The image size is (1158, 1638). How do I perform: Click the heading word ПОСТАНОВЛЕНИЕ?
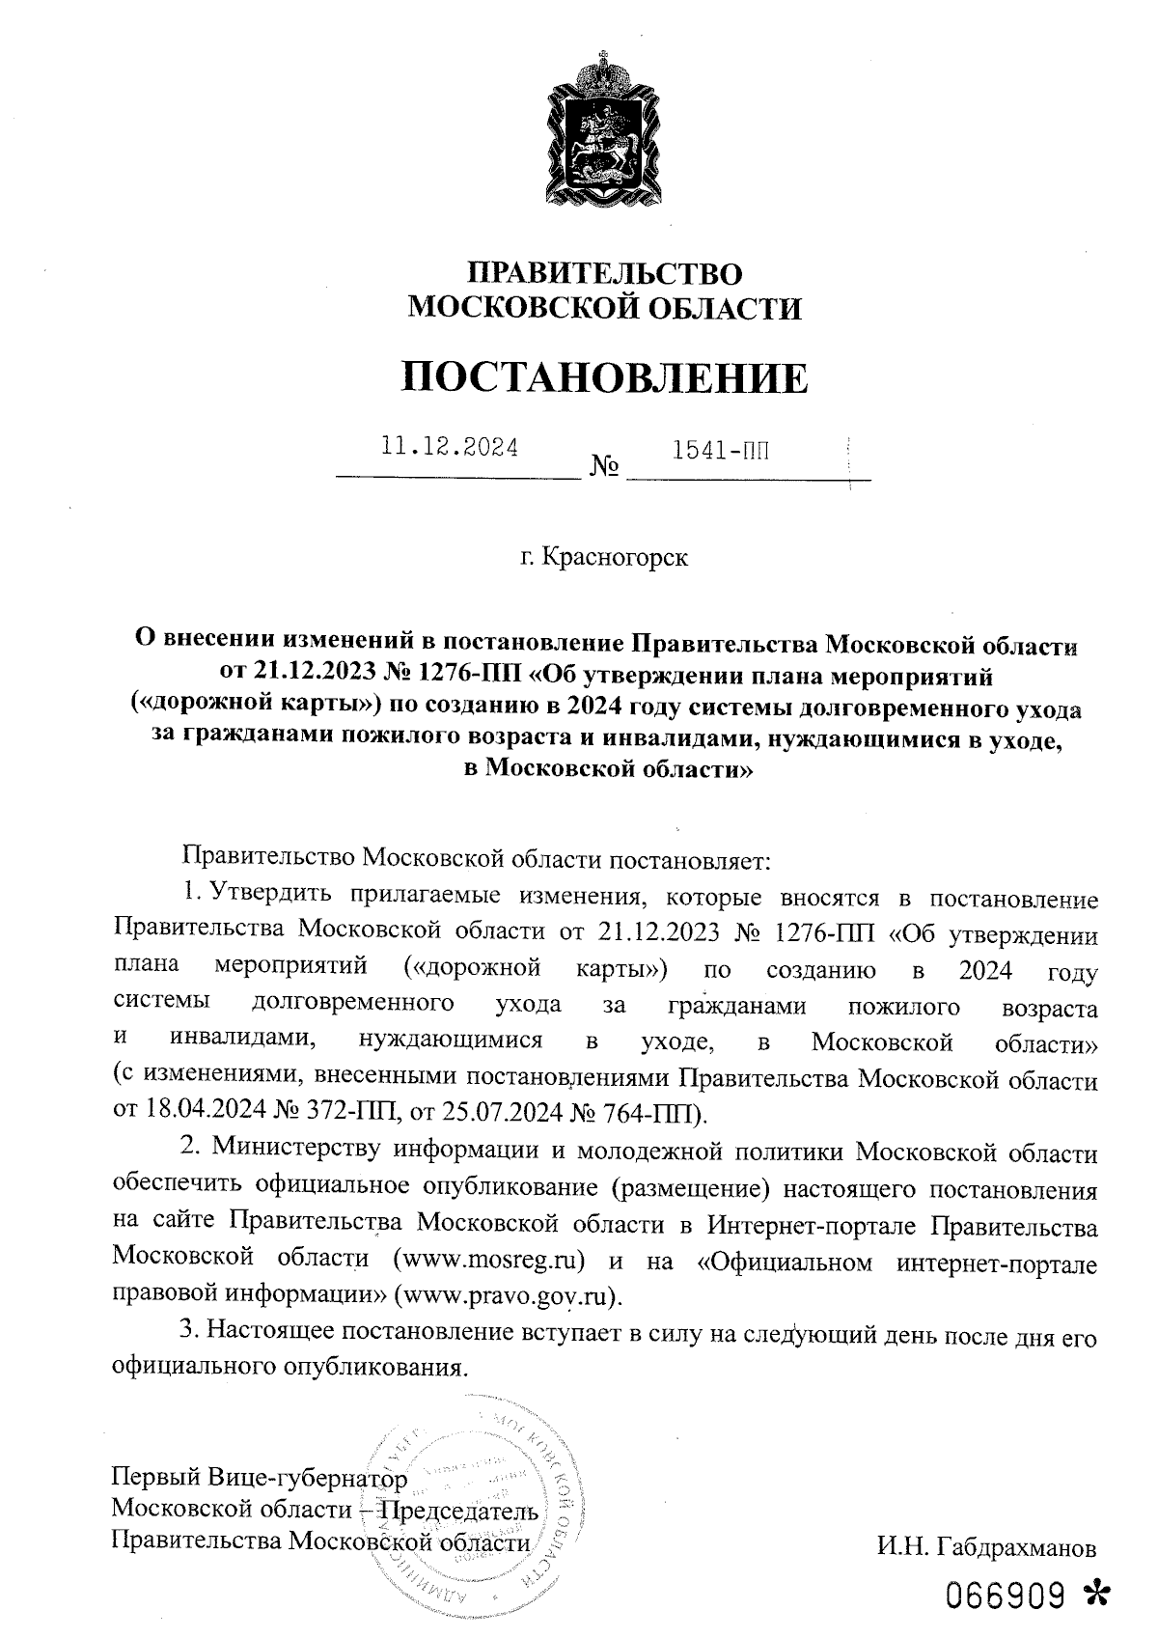[604, 377]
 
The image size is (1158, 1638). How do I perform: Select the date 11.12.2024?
[450, 448]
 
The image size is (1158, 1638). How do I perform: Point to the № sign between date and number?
[604, 469]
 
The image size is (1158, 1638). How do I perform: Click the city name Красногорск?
[616, 557]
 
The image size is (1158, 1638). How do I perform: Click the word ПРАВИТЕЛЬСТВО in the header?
[605, 273]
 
